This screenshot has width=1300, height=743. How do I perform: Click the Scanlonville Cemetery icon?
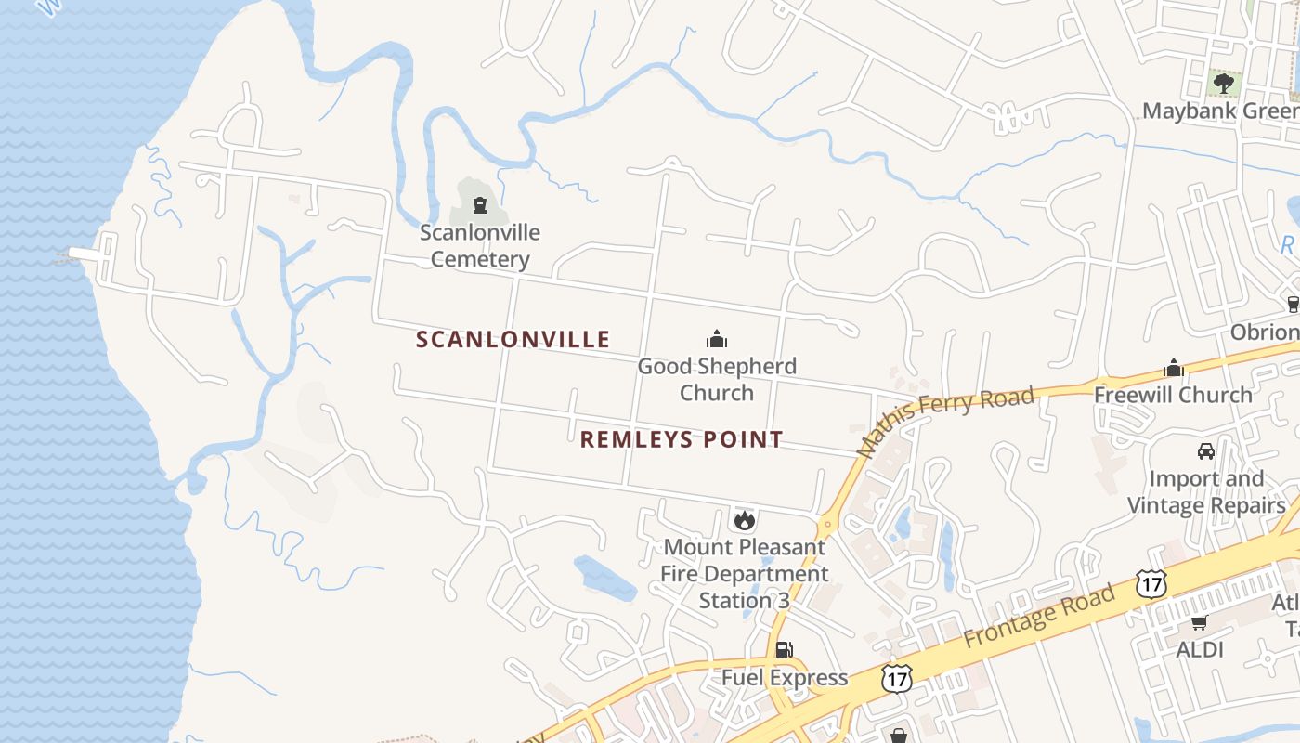click(480, 204)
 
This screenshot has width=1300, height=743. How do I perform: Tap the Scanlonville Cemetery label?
click(480, 246)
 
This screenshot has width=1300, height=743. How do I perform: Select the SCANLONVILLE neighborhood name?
click(513, 340)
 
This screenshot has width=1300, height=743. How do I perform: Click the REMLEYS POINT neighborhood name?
click(682, 439)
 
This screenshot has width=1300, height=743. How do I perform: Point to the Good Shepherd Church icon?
click(717, 339)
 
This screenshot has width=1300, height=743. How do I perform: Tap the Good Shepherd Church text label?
click(717, 379)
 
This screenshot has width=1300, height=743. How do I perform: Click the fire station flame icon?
click(744, 520)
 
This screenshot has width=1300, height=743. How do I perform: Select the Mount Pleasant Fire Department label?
click(744, 574)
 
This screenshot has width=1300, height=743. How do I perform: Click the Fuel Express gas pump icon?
click(785, 650)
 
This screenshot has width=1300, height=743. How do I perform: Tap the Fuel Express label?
click(785, 678)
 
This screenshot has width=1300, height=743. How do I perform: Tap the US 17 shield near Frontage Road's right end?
click(1150, 584)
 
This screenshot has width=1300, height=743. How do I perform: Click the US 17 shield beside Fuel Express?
click(897, 677)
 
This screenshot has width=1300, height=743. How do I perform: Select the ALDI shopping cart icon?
click(1200, 622)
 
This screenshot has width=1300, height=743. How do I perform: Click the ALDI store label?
click(1200, 649)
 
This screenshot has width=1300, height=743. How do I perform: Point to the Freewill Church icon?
click(1174, 368)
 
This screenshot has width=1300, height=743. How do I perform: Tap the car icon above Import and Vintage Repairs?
click(1206, 451)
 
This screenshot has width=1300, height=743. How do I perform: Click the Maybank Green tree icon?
click(1224, 84)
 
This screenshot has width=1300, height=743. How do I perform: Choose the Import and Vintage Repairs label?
click(1206, 492)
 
